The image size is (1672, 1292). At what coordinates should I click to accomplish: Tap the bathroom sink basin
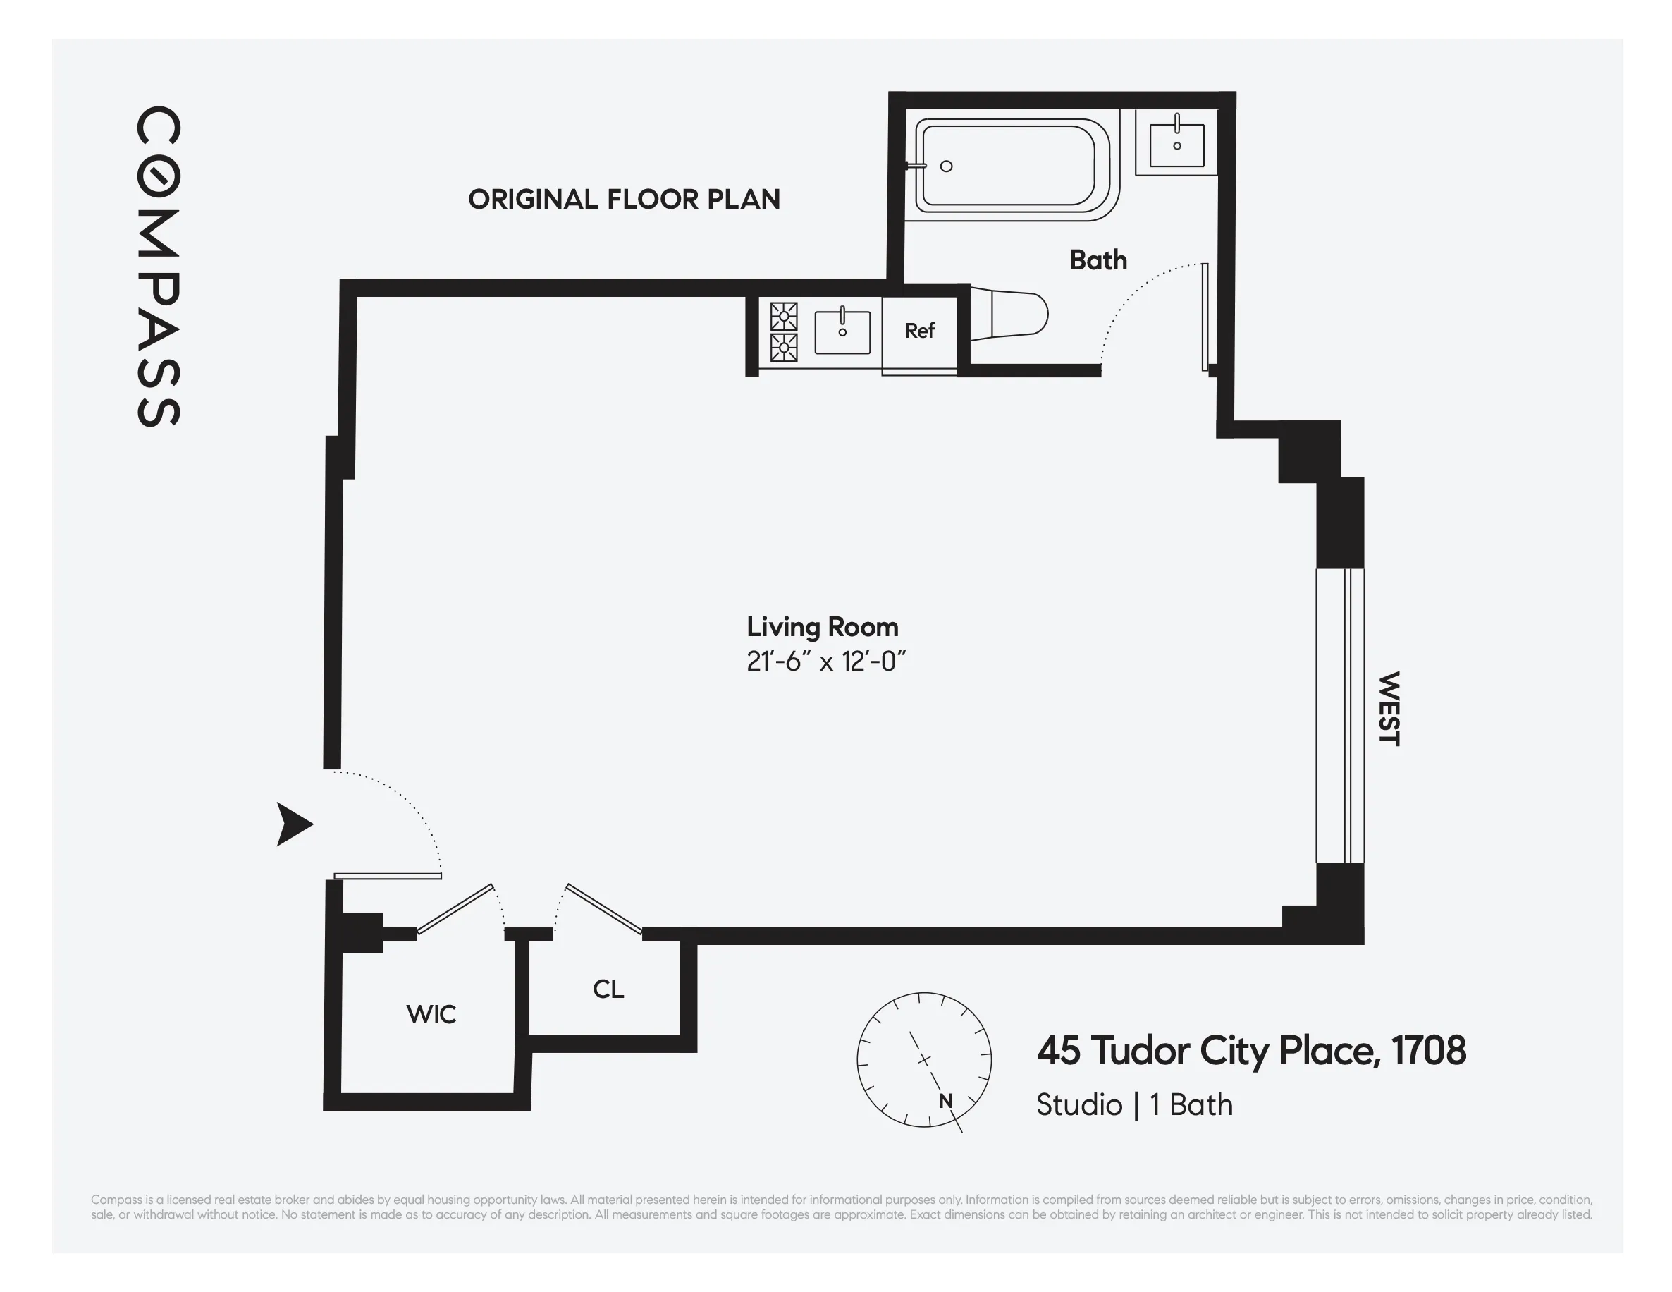[x=1176, y=143]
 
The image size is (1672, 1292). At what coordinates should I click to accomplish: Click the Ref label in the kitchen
[x=919, y=331]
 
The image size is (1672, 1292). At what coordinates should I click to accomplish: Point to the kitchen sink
[x=842, y=332]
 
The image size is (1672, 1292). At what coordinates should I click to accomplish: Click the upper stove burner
[x=784, y=316]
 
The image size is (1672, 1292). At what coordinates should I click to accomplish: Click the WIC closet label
[x=431, y=1015]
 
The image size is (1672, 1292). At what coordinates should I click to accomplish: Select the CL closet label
[x=608, y=989]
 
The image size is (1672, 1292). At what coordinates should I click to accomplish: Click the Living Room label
[x=822, y=627]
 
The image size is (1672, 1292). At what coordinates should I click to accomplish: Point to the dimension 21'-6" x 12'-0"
[x=825, y=661]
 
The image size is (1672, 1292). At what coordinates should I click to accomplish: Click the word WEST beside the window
[x=1389, y=709]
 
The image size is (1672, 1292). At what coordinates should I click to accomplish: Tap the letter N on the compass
[x=945, y=1102]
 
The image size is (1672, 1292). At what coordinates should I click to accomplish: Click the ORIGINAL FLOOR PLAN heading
[x=624, y=199]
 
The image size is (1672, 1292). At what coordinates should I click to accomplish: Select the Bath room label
[x=1098, y=260]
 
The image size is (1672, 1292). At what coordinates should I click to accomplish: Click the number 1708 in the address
[x=1428, y=1051]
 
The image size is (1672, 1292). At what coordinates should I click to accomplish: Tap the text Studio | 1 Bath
[x=1133, y=1105]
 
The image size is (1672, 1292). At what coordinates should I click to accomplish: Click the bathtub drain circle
[x=946, y=166]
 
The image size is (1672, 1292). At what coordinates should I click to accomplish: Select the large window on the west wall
[x=1340, y=716]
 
